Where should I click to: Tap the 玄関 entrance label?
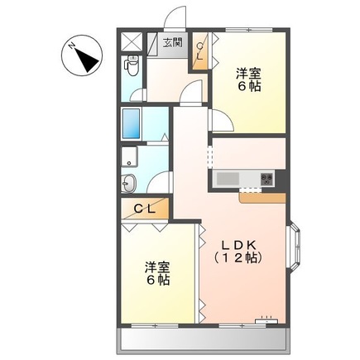(x=172, y=41)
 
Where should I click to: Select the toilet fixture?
(x=132, y=64)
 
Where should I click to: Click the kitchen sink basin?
(x=227, y=178)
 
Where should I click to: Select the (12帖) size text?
(x=238, y=258)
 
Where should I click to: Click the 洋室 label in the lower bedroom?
(x=158, y=266)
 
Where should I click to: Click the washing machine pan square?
(x=131, y=156)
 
